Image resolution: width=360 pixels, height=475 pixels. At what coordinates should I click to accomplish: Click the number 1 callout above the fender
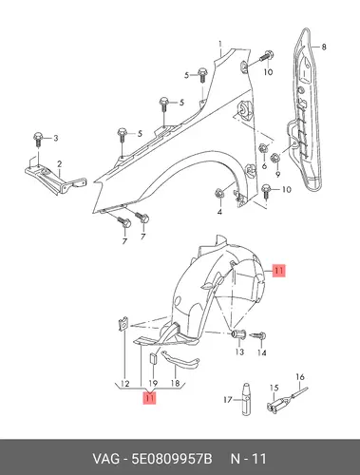pyautogui.click(x=220, y=44)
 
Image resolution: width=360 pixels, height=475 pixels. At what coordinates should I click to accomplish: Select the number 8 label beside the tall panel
pyautogui.click(x=324, y=47)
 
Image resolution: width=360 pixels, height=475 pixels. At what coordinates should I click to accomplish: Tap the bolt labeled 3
pyautogui.click(x=38, y=140)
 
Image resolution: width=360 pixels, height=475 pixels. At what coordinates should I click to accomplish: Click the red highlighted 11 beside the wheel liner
pyautogui.click(x=279, y=271)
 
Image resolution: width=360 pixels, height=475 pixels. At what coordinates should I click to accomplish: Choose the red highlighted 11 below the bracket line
pyautogui.click(x=150, y=398)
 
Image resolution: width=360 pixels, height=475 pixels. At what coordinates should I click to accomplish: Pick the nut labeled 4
pyautogui.click(x=219, y=193)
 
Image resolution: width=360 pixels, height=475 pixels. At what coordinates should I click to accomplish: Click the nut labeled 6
pyautogui.click(x=263, y=148)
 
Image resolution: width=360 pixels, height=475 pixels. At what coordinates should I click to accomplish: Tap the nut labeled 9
pyautogui.click(x=275, y=158)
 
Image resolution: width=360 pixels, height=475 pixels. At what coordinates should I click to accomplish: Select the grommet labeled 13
pyautogui.click(x=239, y=333)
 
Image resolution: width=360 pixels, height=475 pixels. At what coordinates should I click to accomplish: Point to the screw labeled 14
pyautogui.click(x=259, y=335)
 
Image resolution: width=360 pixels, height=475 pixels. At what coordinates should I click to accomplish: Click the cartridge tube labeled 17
pyautogui.click(x=247, y=399)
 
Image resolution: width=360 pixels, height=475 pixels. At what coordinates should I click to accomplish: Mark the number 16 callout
pyautogui.click(x=300, y=377)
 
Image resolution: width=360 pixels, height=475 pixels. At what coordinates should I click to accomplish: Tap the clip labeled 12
pyautogui.click(x=123, y=324)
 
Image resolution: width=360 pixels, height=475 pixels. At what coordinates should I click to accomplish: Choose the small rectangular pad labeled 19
pyautogui.click(x=153, y=358)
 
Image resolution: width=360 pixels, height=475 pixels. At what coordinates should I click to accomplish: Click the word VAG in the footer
pyautogui.click(x=106, y=459)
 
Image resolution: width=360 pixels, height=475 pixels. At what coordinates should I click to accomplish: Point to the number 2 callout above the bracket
pyautogui.click(x=59, y=164)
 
